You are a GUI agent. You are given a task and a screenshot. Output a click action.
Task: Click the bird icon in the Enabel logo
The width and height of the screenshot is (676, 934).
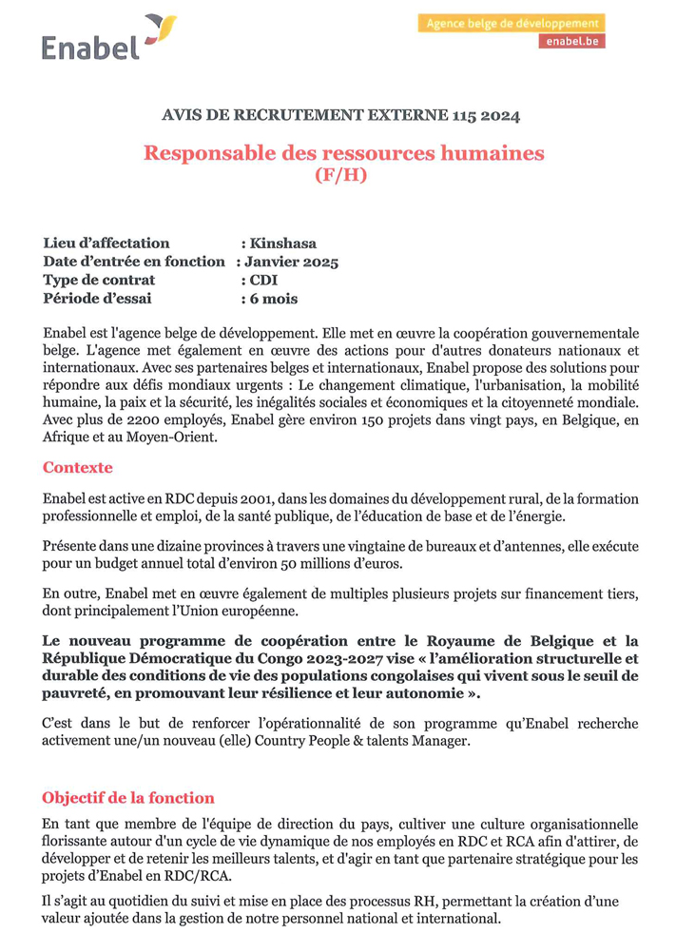(160, 28)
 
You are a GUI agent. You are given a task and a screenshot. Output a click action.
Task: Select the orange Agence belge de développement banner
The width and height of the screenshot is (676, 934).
(511, 23)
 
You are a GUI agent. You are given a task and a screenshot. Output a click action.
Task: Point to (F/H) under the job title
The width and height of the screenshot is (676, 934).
(339, 175)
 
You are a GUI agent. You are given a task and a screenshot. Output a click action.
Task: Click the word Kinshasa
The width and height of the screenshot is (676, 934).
(283, 243)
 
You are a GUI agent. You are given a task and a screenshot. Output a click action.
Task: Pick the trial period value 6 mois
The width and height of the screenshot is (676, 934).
(274, 299)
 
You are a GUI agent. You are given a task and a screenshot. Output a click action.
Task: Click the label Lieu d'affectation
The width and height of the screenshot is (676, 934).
(106, 243)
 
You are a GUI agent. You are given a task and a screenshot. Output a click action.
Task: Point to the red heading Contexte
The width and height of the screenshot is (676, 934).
(77, 468)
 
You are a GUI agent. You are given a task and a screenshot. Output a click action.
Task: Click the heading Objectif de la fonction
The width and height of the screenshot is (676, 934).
(128, 797)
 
